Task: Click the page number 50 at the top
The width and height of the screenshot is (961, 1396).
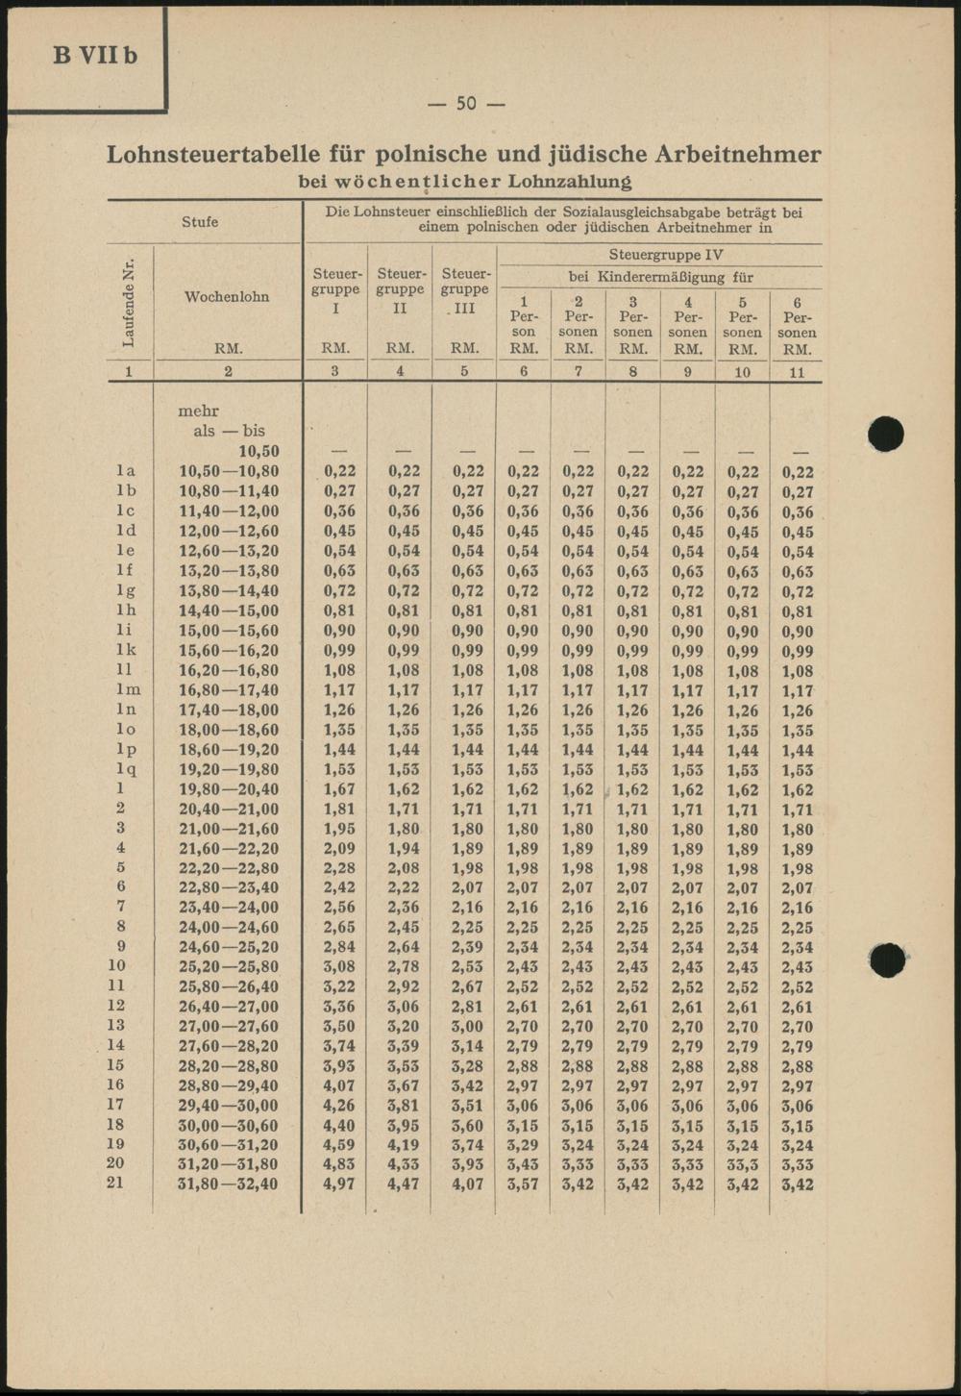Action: pos(466,103)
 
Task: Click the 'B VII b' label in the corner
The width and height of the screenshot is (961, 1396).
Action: pos(95,55)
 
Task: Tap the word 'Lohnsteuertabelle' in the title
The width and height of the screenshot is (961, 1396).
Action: pos(235,154)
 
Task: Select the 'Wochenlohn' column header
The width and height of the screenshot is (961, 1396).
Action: pos(227,296)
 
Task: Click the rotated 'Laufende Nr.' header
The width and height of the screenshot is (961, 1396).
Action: pos(129,302)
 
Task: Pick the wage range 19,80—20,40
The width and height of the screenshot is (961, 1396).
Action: pos(229,789)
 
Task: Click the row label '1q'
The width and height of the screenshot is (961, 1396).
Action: pos(126,769)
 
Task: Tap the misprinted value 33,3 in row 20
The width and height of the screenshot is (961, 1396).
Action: pos(742,1164)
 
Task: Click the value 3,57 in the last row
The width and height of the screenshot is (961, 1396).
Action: pos(523,1184)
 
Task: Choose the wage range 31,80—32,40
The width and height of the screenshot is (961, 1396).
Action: pos(229,1184)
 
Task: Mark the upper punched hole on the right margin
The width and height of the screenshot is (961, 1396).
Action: pos(885,436)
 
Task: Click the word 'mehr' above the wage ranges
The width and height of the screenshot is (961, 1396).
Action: pos(199,411)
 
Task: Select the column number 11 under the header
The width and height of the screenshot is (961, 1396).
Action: pos(797,372)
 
